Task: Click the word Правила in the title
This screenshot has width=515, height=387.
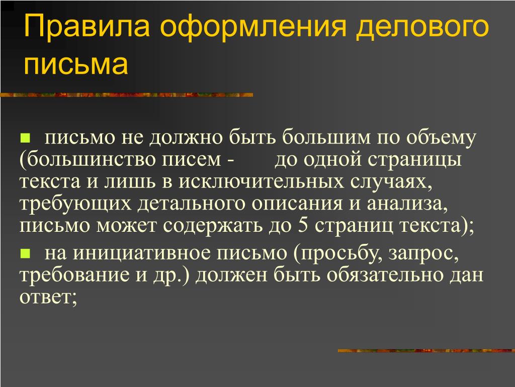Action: coord(87,26)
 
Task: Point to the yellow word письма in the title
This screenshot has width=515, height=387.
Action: coord(76,64)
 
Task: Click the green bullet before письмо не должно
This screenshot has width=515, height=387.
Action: coord(25,138)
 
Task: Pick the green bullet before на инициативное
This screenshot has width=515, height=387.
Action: coord(25,253)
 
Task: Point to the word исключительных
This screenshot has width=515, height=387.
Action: coord(261,182)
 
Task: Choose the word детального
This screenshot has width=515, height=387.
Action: coord(192,204)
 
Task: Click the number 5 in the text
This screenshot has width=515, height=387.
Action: coord(303,226)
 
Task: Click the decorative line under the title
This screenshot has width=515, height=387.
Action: coord(127,95)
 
